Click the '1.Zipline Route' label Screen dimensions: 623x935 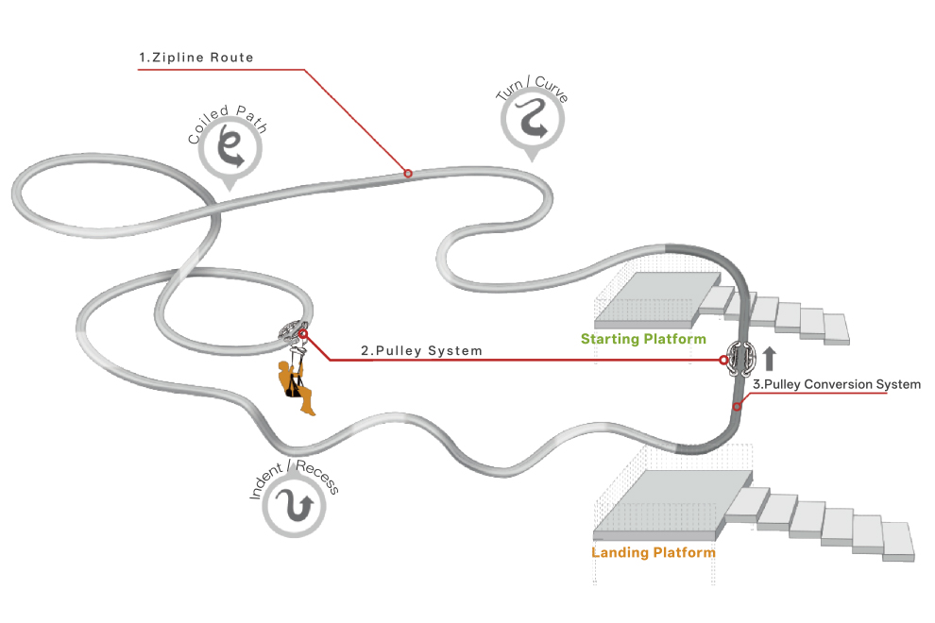click(x=195, y=58)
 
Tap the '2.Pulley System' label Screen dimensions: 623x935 click(x=421, y=351)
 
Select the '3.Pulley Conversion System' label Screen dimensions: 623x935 click(x=836, y=384)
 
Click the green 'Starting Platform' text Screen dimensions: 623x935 click(x=643, y=339)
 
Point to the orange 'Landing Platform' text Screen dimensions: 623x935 click(x=653, y=552)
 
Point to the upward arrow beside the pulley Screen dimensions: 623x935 click(x=769, y=358)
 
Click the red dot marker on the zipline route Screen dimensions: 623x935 click(x=408, y=173)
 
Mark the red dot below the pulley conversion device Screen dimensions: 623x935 click(x=737, y=407)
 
